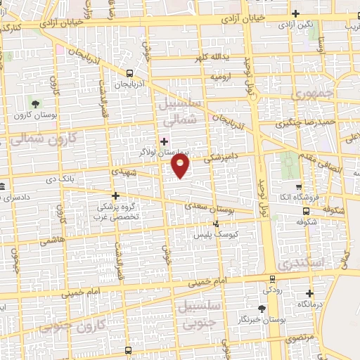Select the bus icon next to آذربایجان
point(129,72)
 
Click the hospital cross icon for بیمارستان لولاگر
point(164,141)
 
